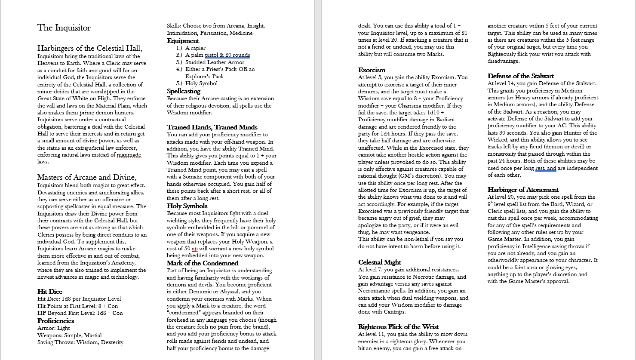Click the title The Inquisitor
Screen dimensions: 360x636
(x=64, y=28)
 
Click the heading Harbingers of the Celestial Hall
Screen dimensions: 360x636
(x=89, y=48)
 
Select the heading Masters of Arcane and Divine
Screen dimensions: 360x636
(x=87, y=177)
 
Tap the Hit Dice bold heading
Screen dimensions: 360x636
(x=50, y=292)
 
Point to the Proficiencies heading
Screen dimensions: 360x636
(x=55, y=321)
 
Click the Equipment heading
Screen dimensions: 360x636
(x=183, y=41)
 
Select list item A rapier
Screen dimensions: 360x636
(x=195, y=48)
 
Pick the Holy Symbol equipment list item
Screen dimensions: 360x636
(x=201, y=83)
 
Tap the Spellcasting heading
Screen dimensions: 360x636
(x=184, y=91)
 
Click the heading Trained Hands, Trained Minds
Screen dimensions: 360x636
(x=212, y=127)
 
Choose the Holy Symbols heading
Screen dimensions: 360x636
(x=187, y=206)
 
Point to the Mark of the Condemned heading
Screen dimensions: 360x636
(x=202, y=263)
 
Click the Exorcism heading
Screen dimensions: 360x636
(x=372, y=70)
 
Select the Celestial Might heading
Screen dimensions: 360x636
(x=379, y=262)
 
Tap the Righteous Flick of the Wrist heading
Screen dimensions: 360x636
(x=398, y=327)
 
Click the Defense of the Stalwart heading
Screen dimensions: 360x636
(x=520, y=76)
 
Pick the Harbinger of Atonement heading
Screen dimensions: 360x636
(x=523, y=190)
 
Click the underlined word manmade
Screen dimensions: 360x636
(x=129, y=155)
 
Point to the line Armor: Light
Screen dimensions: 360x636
(x=53, y=328)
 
